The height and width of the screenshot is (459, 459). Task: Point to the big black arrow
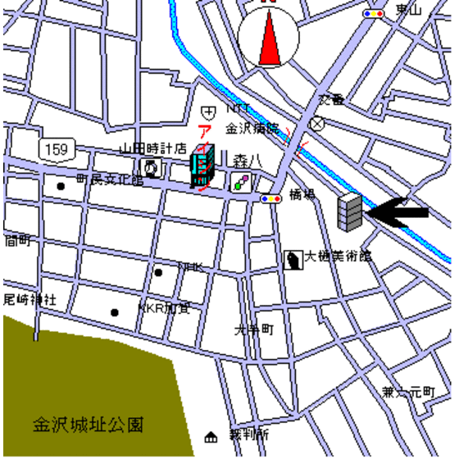coord(398,212)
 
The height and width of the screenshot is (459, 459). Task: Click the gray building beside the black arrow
coord(349,211)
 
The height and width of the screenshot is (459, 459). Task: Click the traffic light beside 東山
coord(374,14)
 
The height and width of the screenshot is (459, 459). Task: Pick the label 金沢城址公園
coord(88,425)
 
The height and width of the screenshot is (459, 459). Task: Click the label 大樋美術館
coord(338,257)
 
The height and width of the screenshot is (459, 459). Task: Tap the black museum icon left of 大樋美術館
coord(293,260)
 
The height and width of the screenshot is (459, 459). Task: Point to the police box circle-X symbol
coord(317,124)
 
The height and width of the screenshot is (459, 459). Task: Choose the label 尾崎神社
coord(29,300)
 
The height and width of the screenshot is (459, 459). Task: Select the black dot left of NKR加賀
coord(115,311)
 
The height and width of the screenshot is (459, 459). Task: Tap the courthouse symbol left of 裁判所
coord(211,435)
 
